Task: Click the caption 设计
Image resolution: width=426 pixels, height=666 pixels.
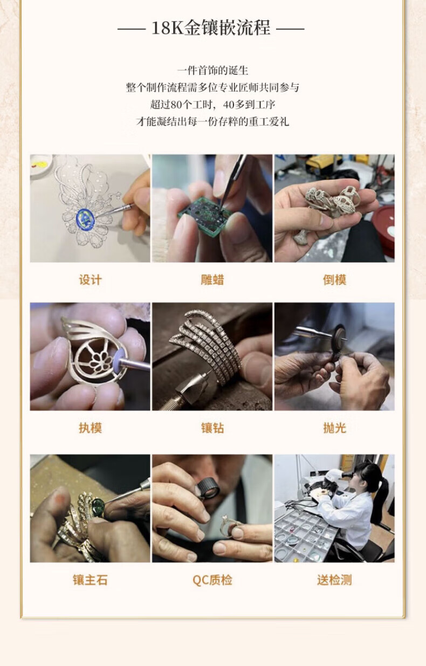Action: coord(90,280)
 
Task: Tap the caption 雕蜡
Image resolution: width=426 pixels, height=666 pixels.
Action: coord(212,280)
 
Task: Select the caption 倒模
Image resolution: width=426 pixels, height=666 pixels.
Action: coord(334,280)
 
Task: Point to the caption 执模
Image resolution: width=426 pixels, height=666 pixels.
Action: coord(90,428)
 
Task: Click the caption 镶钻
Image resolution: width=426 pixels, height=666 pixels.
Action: coord(212,428)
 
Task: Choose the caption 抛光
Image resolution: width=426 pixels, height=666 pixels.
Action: coord(334,428)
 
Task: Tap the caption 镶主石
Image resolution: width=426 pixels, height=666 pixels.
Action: coord(90,580)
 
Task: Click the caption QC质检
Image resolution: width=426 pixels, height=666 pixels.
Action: coord(212,580)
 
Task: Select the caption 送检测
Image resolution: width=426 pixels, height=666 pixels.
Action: coord(334,580)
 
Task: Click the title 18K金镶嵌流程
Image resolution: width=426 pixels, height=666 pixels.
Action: coord(211,28)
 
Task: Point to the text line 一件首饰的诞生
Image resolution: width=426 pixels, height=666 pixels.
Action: coord(212,71)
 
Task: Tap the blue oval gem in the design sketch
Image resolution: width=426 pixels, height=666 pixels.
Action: coord(85,218)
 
